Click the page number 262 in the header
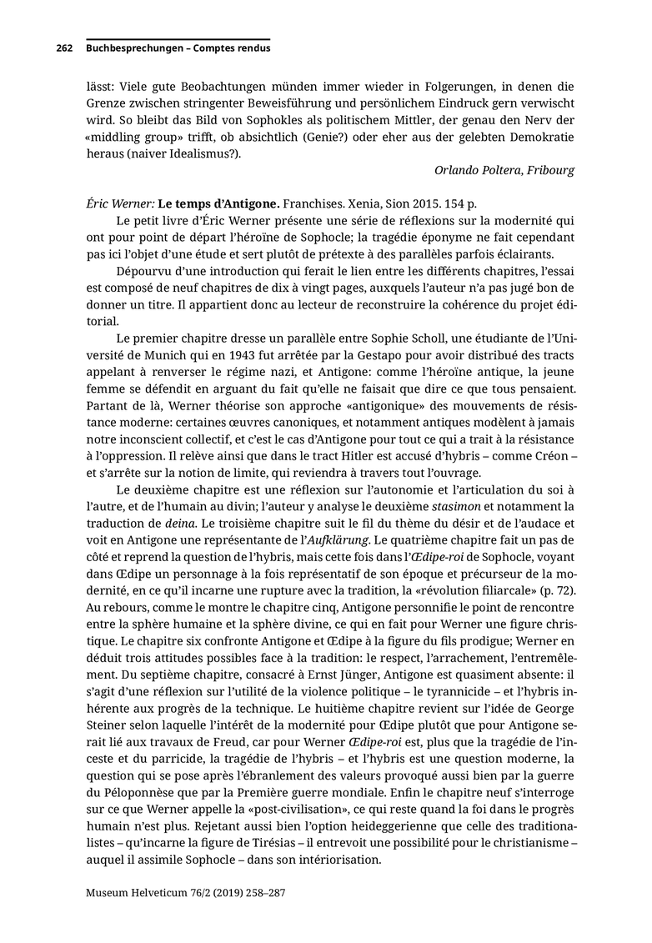(65, 48)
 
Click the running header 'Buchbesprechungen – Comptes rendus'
(178, 48)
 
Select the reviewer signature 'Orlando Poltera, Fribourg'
(504, 170)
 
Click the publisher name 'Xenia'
(364, 203)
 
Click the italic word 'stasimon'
(457, 506)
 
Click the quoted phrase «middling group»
(127, 137)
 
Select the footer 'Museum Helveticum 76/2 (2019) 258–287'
(186, 892)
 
